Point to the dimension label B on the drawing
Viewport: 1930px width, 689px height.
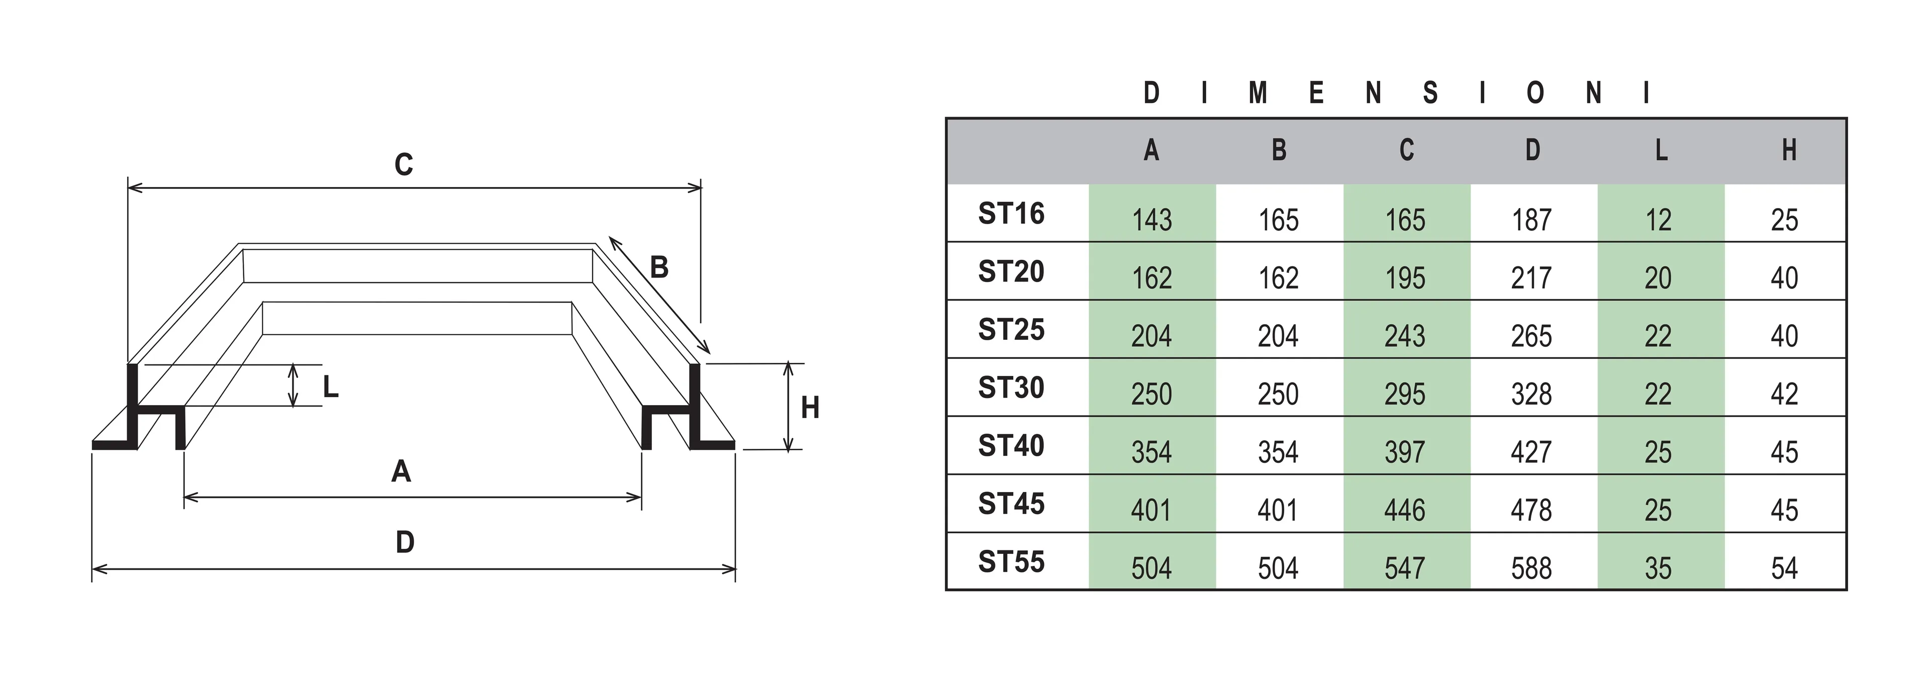658,267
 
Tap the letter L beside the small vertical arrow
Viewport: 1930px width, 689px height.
330,387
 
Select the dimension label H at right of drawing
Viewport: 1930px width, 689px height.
810,408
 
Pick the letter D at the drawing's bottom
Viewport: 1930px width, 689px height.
405,542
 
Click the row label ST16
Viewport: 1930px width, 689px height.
1011,214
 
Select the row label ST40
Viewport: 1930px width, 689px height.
1011,446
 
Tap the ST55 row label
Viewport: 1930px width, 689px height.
1011,562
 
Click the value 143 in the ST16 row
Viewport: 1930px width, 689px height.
1151,220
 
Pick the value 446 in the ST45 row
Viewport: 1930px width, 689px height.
1405,511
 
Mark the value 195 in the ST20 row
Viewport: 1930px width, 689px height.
1405,278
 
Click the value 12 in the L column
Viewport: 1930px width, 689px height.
1659,220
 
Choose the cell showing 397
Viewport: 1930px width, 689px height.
1405,452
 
